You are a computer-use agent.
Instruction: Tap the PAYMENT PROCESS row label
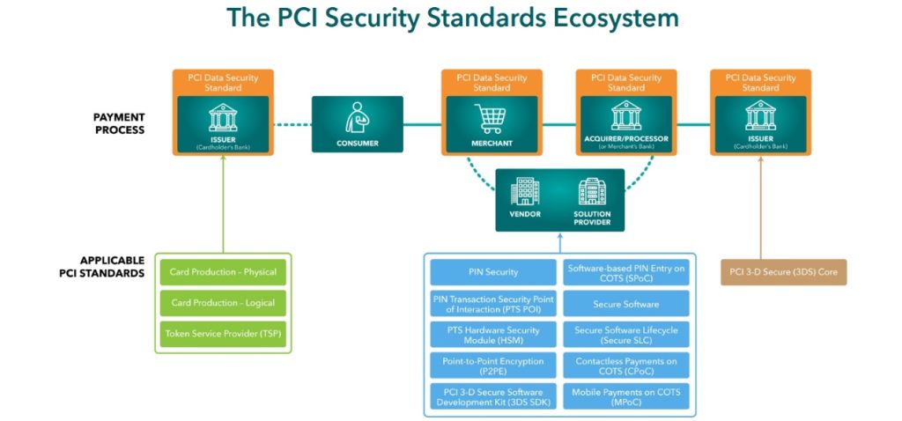tap(119, 123)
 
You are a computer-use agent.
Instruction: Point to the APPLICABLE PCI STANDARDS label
tap(113, 267)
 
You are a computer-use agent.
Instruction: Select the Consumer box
tap(357, 124)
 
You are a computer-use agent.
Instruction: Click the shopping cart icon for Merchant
tap(492, 116)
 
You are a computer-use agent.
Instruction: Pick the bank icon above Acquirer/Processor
tap(626, 115)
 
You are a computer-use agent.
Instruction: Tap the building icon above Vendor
tap(525, 191)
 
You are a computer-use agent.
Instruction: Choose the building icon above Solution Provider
tap(592, 191)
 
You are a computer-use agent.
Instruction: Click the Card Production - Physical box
tap(223, 272)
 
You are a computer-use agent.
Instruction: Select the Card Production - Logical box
tap(223, 303)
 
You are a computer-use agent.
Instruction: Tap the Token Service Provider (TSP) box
tap(223, 334)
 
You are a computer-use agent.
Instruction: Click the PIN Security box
tap(493, 272)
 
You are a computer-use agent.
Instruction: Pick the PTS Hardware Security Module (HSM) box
tap(493, 335)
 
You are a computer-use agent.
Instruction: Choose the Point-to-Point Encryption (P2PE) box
tap(493, 366)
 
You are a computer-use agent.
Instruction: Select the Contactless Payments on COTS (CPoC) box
tap(627, 366)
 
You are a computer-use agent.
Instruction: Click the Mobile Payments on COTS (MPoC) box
tap(627, 396)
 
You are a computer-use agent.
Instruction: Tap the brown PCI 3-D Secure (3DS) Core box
tap(783, 272)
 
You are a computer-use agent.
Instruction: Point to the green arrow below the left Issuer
tap(222, 203)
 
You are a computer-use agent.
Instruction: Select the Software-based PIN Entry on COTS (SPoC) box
tap(627, 272)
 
